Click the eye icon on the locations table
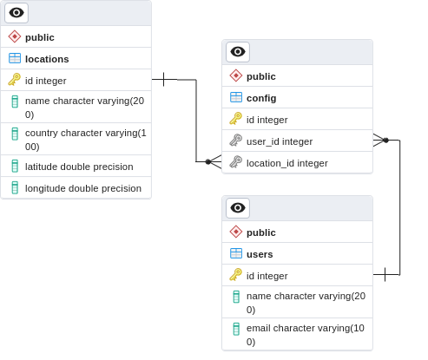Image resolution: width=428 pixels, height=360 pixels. coord(16,13)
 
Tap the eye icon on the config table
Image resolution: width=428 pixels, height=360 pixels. coord(238,52)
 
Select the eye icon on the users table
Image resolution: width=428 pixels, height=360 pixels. coord(238,208)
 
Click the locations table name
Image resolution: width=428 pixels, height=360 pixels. coord(47,59)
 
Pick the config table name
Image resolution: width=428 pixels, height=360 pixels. coord(261,98)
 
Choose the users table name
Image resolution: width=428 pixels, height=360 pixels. coord(260,254)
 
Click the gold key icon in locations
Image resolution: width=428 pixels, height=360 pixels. coord(14,80)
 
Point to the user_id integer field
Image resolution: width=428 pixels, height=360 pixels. coord(280,141)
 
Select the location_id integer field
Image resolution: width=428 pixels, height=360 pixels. coord(287,163)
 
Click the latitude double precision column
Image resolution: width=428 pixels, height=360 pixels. coord(79,167)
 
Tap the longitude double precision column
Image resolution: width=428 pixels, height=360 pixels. coord(83,188)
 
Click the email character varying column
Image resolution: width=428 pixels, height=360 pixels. coord(306,335)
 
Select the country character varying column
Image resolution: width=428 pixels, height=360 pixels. coord(86,140)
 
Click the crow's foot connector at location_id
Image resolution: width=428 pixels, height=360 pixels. coord(214,161)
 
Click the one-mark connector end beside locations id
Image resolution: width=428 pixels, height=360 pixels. coord(164,79)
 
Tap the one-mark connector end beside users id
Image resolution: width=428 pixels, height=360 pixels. coord(385,274)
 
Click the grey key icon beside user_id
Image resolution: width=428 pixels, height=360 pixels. coord(235,141)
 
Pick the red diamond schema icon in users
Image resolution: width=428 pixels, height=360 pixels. coord(236,232)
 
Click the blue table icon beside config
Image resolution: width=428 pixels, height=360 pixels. coord(236,97)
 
